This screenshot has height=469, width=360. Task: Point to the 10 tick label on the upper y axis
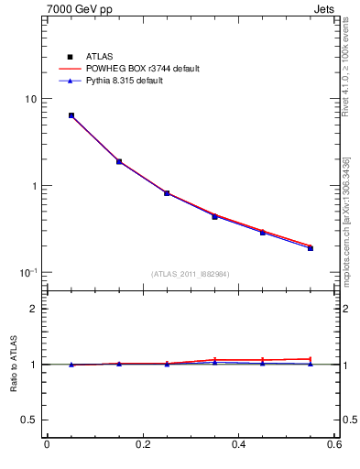coord(29,99)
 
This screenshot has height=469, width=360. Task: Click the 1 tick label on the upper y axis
coord(33,186)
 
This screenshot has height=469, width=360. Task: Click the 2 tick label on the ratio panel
coord(33,309)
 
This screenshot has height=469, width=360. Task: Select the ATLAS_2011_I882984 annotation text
coord(191,274)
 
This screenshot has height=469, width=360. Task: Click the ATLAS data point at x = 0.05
coord(71,115)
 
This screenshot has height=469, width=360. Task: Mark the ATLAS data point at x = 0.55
coord(311,247)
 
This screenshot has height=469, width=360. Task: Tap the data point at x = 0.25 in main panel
coord(167,193)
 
